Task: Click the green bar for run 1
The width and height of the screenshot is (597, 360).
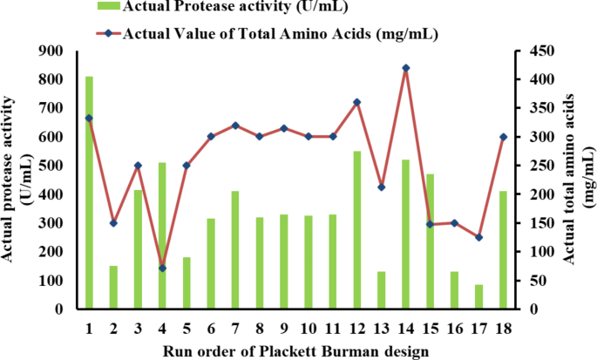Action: [89, 193]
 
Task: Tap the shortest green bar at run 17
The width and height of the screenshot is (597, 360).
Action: [478, 296]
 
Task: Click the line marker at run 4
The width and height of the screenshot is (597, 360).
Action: [162, 268]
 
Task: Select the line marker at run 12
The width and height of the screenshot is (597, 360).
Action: [356, 102]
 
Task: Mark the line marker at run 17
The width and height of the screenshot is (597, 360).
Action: [478, 237]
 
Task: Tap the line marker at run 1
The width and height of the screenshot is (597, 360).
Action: [89, 118]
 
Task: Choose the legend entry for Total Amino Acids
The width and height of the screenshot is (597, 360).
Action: [261, 35]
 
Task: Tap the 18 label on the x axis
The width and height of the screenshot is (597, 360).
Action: [503, 327]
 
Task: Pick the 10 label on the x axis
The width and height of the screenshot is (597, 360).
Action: [308, 327]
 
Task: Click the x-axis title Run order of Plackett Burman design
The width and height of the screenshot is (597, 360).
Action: [295, 350]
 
